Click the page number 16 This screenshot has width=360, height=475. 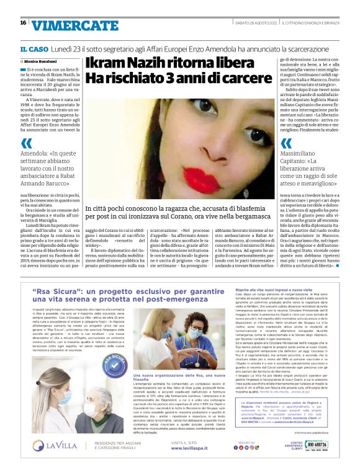click(23, 23)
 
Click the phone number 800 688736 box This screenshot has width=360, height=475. click(315, 462)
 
